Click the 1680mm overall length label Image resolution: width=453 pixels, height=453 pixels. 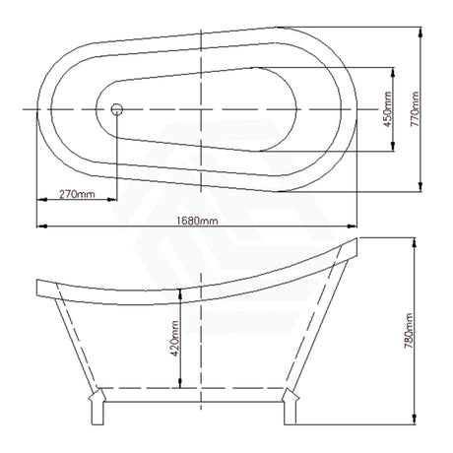(197, 221)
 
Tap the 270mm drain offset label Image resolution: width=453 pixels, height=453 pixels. (77, 194)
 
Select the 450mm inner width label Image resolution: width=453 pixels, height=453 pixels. (388, 109)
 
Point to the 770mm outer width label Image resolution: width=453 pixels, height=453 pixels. (415, 109)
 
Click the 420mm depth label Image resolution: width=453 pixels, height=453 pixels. (174, 339)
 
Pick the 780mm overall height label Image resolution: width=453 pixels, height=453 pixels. (409, 331)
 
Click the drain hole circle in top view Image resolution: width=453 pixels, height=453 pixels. (117, 109)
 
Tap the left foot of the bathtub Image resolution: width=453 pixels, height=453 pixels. (97, 407)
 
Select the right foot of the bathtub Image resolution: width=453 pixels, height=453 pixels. (291, 407)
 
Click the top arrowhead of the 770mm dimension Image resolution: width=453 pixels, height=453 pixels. (421, 32)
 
